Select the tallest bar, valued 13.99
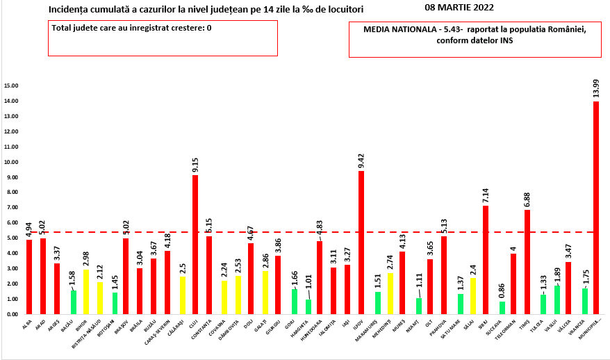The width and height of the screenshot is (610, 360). [596, 208]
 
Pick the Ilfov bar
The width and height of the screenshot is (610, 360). [361, 243]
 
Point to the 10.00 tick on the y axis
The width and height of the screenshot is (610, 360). [11, 162]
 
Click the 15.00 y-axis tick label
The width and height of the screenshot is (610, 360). [11, 85]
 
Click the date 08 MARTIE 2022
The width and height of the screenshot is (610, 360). [459, 8]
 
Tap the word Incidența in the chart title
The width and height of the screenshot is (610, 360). [69, 10]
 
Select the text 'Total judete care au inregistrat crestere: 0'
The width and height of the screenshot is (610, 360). [131, 28]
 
